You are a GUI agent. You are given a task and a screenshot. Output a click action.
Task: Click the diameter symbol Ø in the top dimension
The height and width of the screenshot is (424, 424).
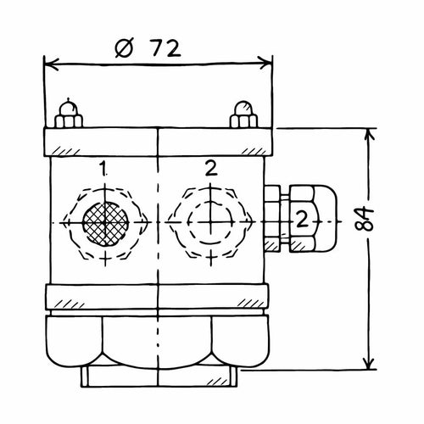[124, 49]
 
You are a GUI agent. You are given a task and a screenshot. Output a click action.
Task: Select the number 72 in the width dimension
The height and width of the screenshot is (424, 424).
[165, 48]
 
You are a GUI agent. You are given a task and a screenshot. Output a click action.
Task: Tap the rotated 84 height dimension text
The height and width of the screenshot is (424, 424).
[364, 219]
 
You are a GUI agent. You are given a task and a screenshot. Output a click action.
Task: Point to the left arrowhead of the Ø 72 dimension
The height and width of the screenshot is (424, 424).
[52, 64]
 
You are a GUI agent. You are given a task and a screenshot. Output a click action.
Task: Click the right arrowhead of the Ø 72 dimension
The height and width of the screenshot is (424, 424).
[265, 63]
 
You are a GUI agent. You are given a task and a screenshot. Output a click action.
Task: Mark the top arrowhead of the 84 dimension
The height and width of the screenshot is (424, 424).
[369, 135]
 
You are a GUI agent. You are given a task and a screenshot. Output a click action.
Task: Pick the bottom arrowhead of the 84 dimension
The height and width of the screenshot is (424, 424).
[369, 362]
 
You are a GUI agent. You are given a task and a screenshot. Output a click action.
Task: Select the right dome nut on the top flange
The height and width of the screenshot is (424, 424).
[243, 114]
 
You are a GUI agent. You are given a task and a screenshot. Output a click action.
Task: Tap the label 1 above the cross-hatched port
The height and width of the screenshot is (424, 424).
[103, 168]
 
